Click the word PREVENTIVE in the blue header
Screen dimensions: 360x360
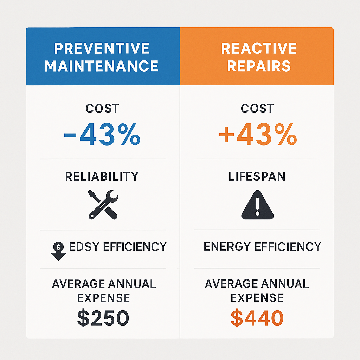(102, 49)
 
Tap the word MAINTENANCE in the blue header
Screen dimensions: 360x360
(102, 66)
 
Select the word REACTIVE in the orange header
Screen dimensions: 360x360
(259, 49)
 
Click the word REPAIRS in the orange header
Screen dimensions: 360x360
(259, 66)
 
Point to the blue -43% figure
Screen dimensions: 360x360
(102, 135)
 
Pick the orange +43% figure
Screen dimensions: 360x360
(257, 135)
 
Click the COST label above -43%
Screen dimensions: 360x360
(102, 109)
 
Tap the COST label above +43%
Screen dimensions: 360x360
(257, 109)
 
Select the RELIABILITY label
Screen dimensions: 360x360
(102, 176)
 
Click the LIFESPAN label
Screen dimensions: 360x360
(257, 176)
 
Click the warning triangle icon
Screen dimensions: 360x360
(257, 205)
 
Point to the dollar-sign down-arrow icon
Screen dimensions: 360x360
(59, 251)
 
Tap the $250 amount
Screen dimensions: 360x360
(103, 318)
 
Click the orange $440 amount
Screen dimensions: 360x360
(257, 318)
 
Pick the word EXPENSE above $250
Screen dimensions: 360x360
(103, 298)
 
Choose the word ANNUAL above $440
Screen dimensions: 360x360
(283, 284)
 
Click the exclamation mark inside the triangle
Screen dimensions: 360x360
(257, 206)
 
